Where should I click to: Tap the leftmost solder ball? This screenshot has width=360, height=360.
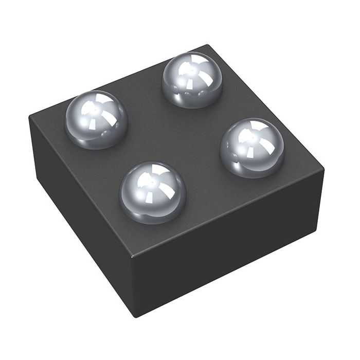97,119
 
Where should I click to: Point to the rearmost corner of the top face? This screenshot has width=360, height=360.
207,45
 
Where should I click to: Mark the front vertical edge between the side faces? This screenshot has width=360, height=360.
135,285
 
